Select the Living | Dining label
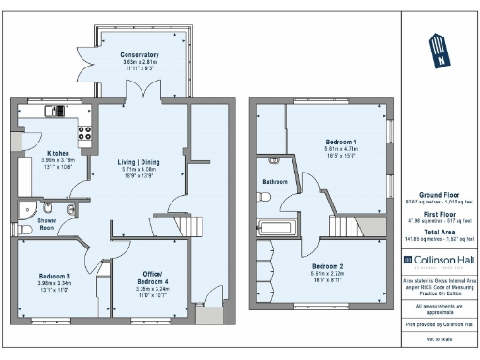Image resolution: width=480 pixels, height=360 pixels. point(138,162)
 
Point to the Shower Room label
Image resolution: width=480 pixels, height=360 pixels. point(47,221)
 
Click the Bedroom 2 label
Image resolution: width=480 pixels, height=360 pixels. point(328,266)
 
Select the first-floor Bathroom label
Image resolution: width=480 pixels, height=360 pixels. point(275,181)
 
